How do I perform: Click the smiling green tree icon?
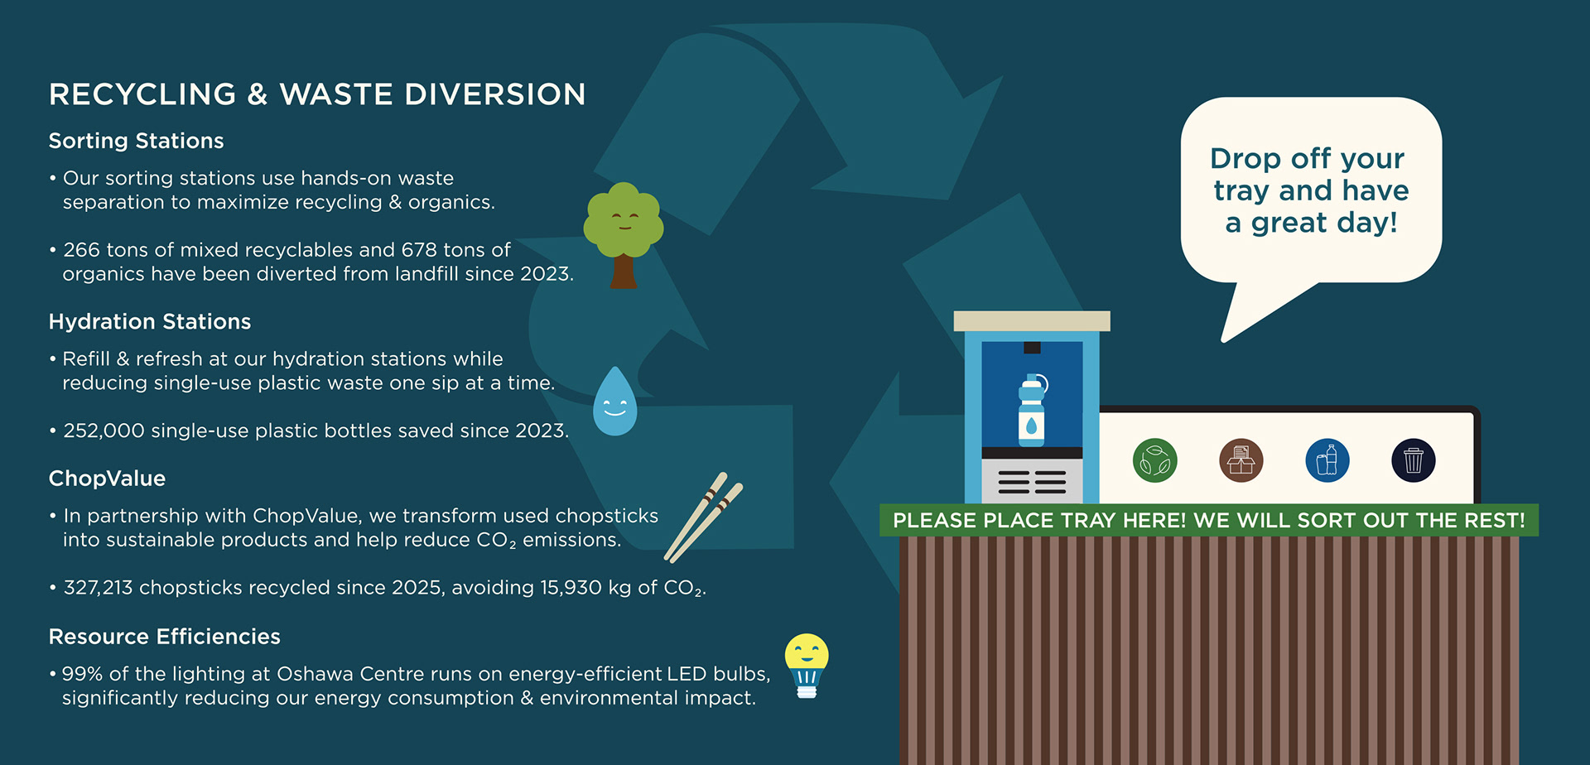(624, 234)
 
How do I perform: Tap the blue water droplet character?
(615, 402)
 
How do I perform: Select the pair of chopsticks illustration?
(704, 517)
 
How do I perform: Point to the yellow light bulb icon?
(807, 666)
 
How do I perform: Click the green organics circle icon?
(1154, 460)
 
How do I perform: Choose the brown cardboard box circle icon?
(1241, 460)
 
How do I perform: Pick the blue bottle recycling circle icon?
(1327, 460)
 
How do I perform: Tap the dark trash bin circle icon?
(1414, 460)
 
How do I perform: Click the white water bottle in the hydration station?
(1032, 410)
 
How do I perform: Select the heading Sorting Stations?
(136, 141)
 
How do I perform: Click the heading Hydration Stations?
(150, 321)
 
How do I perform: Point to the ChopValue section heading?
(107, 479)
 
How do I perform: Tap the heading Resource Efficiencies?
(165, 636)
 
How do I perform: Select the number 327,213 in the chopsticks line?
(98, 588)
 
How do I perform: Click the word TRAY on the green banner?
(1077, 521)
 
